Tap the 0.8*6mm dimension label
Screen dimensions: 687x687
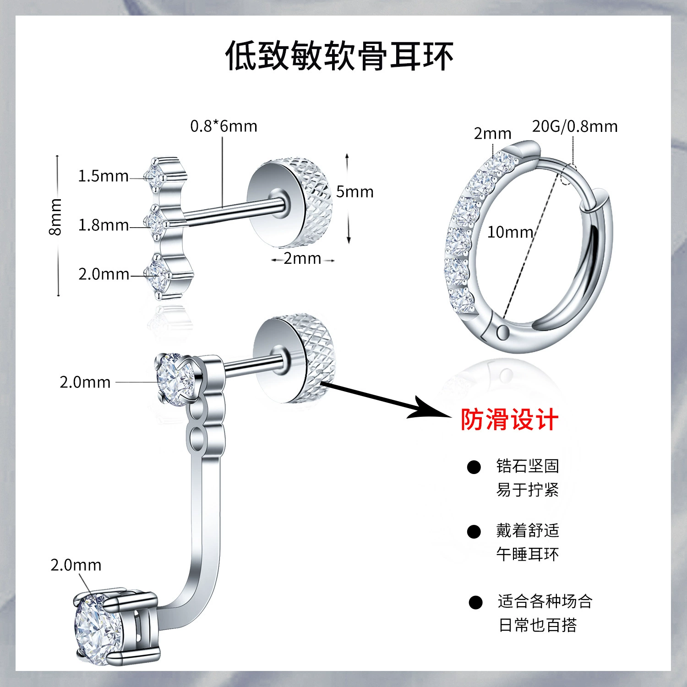tap(224, 126)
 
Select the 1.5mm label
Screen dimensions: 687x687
tap(103, 176)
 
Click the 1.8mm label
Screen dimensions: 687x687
tap(103, 225)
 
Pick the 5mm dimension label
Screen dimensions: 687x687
tap(354, 192)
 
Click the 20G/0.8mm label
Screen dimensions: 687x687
tap(574, 126)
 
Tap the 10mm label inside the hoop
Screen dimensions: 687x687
tap(510, 232)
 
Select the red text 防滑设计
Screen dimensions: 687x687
tap(509, 419)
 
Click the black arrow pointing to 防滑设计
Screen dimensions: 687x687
tap(385, 400)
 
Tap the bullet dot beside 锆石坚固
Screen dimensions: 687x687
tap(474, 467)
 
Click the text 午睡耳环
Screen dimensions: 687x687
tap(527, 555)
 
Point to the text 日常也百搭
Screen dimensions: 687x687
tap(537, 625)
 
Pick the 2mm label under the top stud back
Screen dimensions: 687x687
tap(302, 259)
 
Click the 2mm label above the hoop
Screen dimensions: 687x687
tap(492, 134)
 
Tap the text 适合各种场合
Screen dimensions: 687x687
tap(545, 601)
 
